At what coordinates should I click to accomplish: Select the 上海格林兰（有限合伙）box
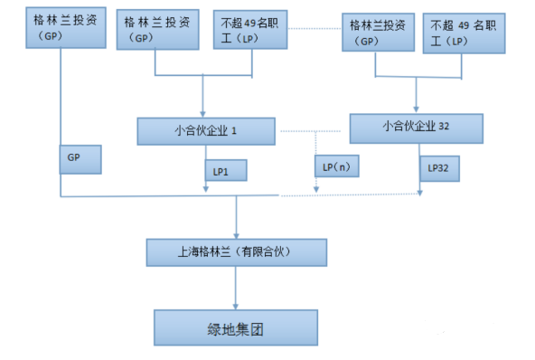236,251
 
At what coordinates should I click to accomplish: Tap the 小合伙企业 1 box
205,131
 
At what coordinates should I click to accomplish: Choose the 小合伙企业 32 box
414,128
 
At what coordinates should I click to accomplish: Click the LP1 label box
222,169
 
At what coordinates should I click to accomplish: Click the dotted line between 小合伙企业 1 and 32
311,131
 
